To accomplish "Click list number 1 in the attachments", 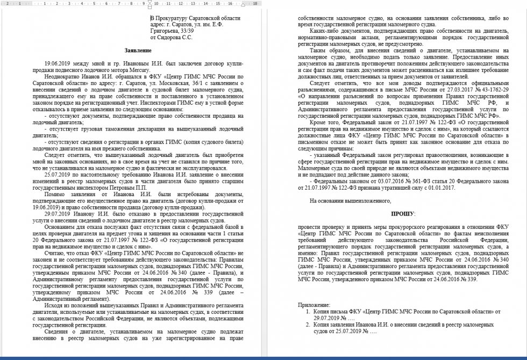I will (x=308, y=311).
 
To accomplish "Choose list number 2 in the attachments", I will (x=308, y=325).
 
